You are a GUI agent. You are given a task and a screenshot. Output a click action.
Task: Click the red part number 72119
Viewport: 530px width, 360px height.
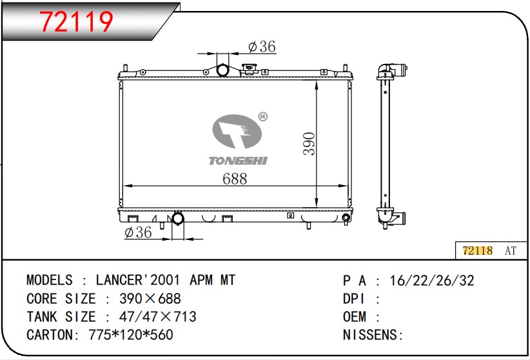click(76, 22)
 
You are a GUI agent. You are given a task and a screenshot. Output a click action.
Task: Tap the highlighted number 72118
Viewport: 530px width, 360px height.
click(478, 251)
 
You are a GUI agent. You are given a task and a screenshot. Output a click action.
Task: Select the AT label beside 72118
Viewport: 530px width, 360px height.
click(511, 251)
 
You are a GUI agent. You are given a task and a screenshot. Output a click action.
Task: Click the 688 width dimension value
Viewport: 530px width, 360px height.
click(235, 179)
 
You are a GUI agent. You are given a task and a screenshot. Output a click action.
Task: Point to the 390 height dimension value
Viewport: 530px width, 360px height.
click(309, 144)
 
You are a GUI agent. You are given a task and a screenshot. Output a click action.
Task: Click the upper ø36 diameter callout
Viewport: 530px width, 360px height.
click(262, 46)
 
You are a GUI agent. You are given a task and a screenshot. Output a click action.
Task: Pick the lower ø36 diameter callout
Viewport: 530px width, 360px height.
click(138, 232)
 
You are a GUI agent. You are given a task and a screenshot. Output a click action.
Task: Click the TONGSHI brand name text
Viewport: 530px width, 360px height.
click(238, 161)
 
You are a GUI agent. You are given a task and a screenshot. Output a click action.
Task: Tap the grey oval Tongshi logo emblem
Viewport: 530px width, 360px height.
click(237, 131)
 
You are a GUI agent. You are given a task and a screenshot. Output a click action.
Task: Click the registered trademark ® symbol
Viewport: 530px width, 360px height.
click(262, 117)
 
